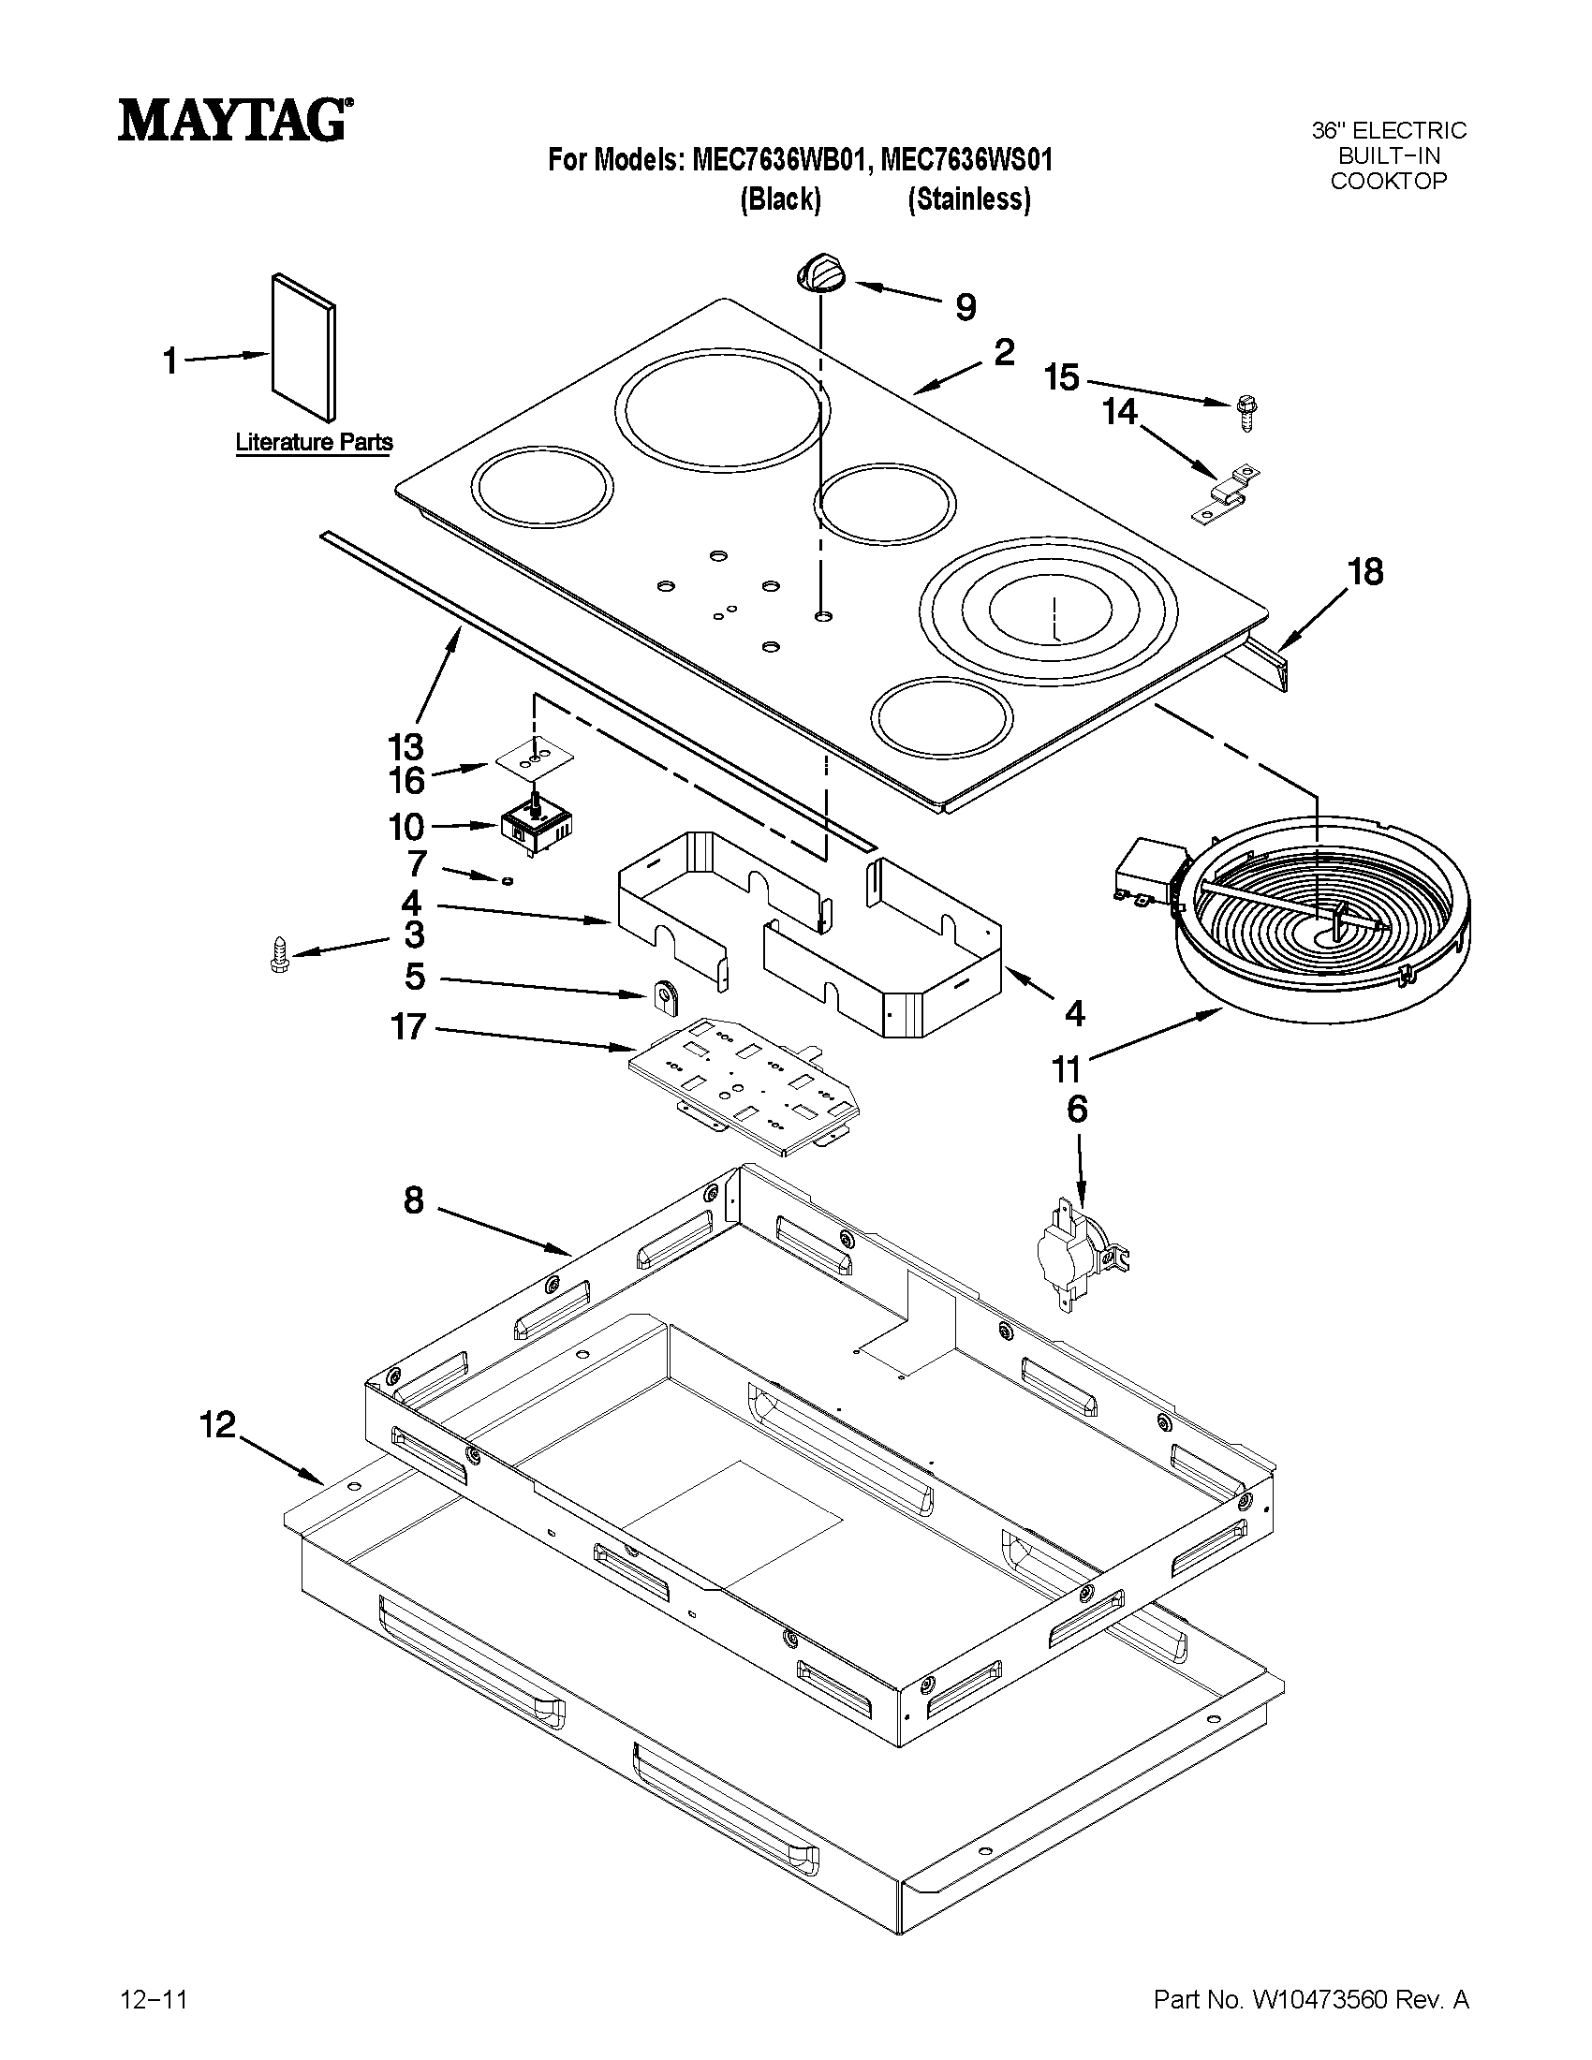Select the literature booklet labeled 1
tap(302, 348)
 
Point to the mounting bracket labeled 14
tap(1226, 496)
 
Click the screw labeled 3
tap(278, 955)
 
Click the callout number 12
tap(218, 1424)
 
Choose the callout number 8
tap(413, 1200)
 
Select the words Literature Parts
tap(313, 441)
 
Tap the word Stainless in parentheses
tap(968, 200)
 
